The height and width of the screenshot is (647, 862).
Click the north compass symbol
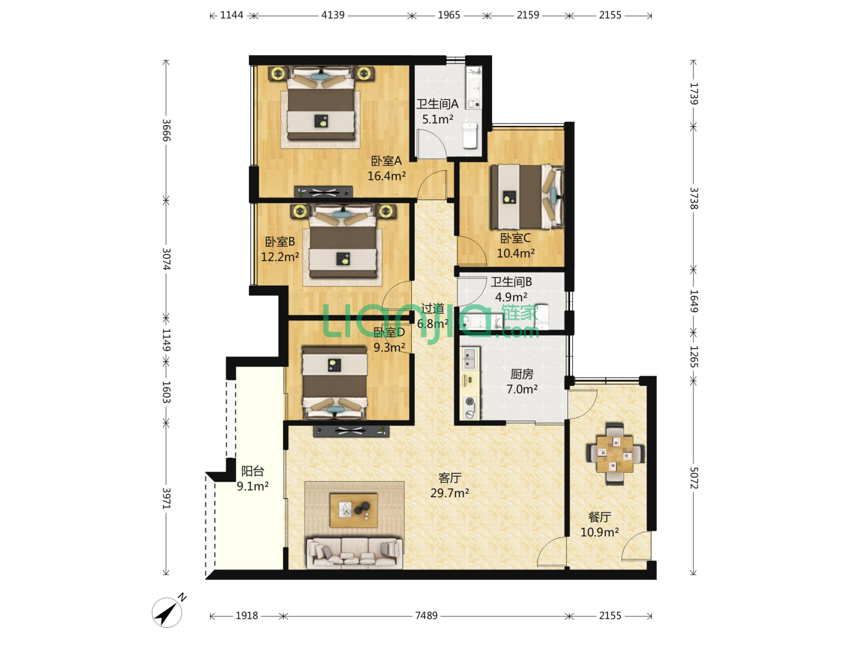click(x=168, y=611)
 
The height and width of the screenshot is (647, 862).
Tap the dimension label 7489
click(x=426, y=616)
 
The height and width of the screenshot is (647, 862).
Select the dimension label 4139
click(x=333, y=15)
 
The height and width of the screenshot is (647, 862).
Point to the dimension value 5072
click(x=694, y=477)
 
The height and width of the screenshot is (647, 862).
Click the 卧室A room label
click(x=387, y=161)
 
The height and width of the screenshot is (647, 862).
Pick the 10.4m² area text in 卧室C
click(x=515, y=253)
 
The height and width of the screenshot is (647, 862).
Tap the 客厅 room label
click(x=450, y=477)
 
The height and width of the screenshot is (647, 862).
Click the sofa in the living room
click(x=354, y=553)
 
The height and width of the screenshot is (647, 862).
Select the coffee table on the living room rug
click(x=353, y=510)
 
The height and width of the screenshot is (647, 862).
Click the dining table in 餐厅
click(x=615, y=453)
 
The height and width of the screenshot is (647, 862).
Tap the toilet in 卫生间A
click(x=470, y=135)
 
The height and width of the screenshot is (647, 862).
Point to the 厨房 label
click(x=522, y=374)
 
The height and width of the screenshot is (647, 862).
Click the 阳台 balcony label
click(x=253, y=471)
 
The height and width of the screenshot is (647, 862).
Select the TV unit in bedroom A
click(x=324, y=192)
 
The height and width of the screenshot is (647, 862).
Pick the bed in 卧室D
click(x=335, y=383)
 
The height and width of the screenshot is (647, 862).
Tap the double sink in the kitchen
click(x=470, y=358)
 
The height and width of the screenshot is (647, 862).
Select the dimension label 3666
click(x=166, y=130)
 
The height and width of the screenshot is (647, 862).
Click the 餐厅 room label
click(x=600, y=517)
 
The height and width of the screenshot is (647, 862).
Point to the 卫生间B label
click(x=511, y=282)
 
